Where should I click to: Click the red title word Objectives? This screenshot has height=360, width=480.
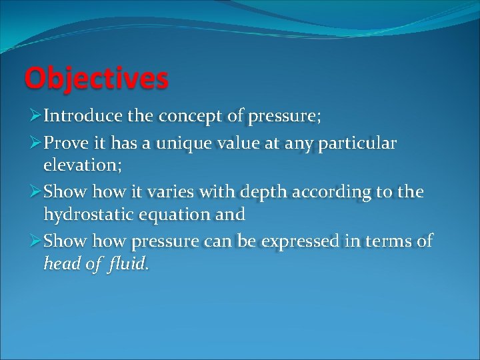[x=96, y=79]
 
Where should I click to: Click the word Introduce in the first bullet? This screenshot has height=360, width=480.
[x=81, y=116]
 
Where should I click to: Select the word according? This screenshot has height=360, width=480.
[x=337, y=192]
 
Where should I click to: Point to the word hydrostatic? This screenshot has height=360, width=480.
[x=93, y=214]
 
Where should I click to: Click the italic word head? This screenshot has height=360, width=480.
[x=61, y=263]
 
